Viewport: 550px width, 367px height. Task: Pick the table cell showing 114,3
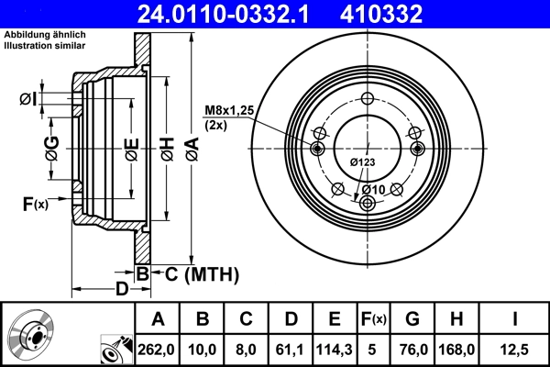334,348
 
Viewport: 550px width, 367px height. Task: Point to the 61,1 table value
290,348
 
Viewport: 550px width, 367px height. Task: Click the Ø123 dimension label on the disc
363,162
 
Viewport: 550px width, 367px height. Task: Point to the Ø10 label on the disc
371,189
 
